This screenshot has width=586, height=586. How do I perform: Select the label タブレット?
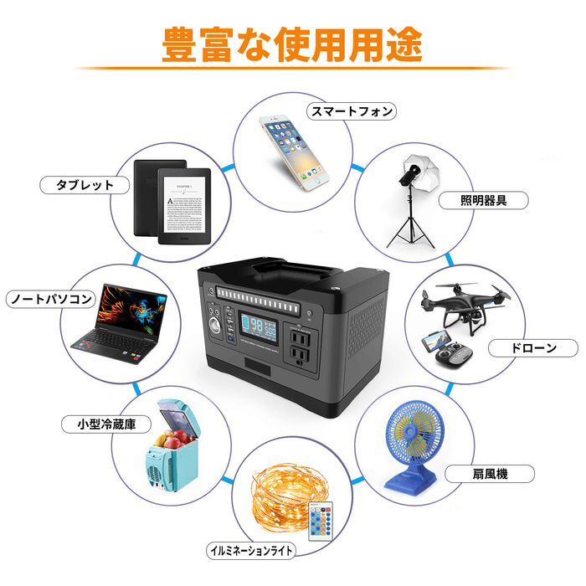84,184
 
